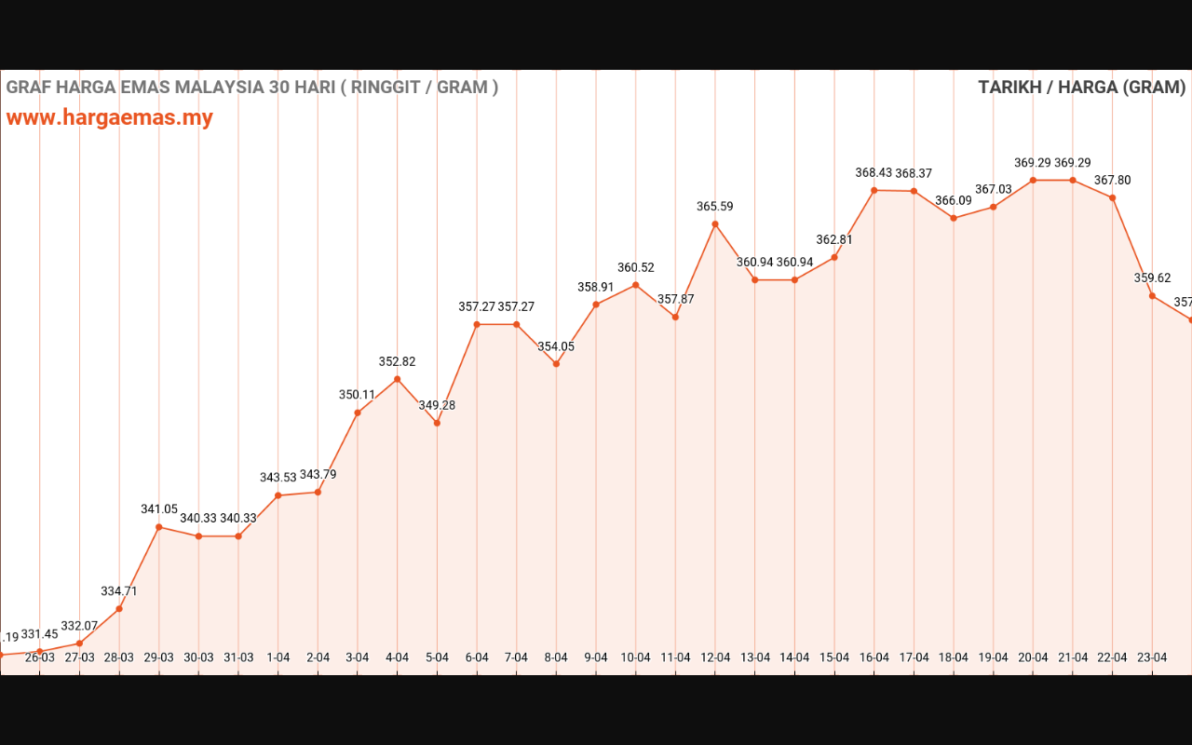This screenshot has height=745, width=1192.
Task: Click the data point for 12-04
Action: click(x=715, y=223)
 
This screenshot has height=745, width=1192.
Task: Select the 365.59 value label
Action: click(x=715, y=207)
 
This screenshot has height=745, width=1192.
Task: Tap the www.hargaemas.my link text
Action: click(x=110, y=118)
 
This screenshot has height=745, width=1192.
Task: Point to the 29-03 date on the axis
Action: click(x=158, y=657)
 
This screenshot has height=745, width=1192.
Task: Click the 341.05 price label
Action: click(x=159, y=509)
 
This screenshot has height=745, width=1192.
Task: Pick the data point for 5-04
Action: click(x=437, y=423)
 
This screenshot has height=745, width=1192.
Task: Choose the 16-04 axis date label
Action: click(x=874, y=657)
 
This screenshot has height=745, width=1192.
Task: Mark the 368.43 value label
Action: click(x=874, y=173)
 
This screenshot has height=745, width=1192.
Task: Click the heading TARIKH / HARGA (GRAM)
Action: click(x=1082, y=88)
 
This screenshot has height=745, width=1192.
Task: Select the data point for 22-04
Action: click(x=1113, y=197)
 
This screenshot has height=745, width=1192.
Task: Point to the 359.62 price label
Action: click(x=1153, y=278)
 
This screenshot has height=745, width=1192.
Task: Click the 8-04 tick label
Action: click(x=556, y=657)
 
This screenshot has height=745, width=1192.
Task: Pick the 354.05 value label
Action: click(x=556, y=347)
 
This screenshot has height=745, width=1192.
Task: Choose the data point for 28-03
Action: click(x=119, y=609)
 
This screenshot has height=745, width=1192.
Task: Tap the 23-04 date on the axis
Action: click(x=1153, y=657)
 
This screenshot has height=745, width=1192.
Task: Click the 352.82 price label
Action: click(x=398, y=362)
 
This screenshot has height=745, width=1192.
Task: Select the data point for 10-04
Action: click(x=636, y=285)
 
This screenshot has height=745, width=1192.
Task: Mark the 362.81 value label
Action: click(x=834, y=239)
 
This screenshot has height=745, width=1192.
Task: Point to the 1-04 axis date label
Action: click(x=278, y=657)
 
